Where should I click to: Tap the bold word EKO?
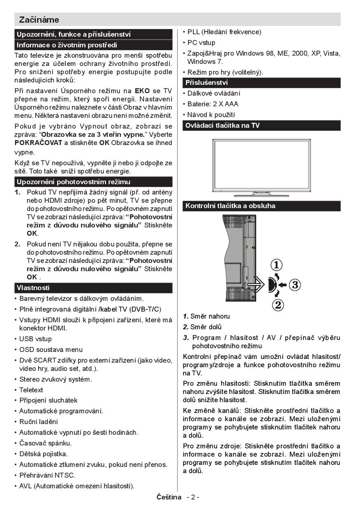(142, 91)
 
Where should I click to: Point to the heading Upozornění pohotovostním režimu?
(73, 182)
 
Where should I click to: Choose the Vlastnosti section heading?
(33, 288)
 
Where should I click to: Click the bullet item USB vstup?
(35, 339)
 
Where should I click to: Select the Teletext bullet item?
(31, 390)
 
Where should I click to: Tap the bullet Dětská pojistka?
(43, 454)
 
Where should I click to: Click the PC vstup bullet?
(201, 42)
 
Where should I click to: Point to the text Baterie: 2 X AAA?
(213, 104)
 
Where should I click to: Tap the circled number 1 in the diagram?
(277, 264)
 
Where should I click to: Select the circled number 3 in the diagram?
(295, 284)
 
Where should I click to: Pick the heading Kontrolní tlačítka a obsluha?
(231, 206)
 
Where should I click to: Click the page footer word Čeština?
(169, 497)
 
